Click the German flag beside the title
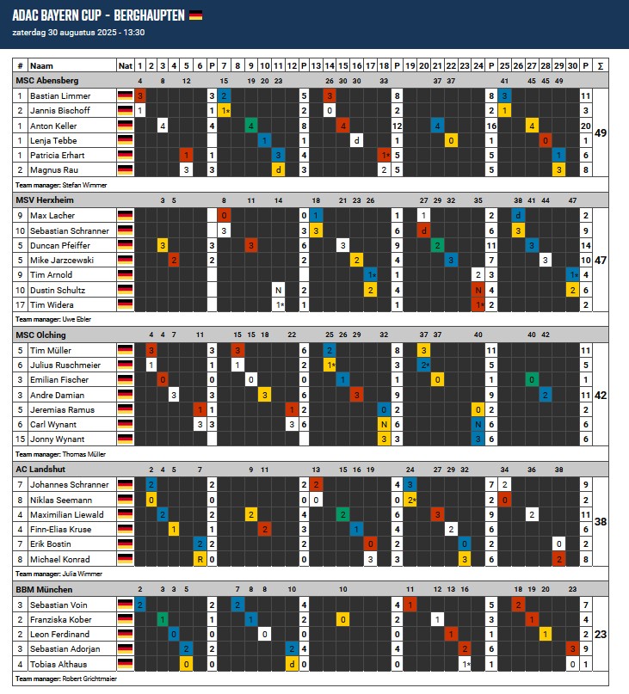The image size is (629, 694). point(195,15)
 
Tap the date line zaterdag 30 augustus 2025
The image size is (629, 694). point(78,32)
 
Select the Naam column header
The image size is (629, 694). point(40,65)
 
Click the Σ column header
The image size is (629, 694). point(599,65)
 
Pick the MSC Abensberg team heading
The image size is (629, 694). point(47,80)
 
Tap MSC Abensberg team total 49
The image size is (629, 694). point(600,132)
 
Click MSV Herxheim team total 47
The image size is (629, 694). point(600,259)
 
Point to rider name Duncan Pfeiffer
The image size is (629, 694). point(60,245)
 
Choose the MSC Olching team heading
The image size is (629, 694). point(42,335)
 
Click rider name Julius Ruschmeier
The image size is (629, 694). point(65,365)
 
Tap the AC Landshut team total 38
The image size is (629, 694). point(600,521)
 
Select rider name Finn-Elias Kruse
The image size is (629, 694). point(61,529)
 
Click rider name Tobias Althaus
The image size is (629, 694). point(59,664)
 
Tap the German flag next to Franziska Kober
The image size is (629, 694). point(125,619)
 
